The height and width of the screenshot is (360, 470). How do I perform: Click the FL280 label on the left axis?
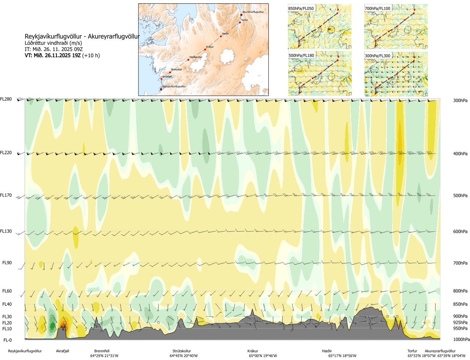(6, 99)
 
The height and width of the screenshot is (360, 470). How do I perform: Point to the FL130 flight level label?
(6, 231)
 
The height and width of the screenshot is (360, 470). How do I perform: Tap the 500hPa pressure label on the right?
(460, 196)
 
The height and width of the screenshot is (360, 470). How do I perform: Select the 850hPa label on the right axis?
(460, 304)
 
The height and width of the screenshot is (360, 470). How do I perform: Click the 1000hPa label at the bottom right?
(461, 339)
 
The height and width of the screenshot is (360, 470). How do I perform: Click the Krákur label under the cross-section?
(253, 351)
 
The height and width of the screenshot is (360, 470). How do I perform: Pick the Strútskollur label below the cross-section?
(182, 351)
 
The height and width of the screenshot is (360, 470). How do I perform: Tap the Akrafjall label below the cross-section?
(62, 351)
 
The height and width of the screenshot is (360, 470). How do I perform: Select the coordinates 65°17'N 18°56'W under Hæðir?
(342, 356)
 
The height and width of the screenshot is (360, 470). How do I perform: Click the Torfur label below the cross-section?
(412, 351)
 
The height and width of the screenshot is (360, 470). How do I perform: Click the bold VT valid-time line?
(62, 56)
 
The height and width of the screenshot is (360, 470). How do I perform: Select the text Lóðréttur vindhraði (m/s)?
(53, 43)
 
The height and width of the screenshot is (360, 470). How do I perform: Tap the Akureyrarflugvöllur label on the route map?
(253, 12)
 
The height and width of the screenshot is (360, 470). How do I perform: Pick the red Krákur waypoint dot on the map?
(205, 50)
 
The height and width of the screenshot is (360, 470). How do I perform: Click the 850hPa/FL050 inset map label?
(301, 8)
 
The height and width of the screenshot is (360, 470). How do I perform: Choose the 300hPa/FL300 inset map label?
(377, 56)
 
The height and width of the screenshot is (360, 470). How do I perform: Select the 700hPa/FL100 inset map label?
(377, 8)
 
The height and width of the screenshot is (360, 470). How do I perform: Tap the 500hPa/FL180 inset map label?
(301, 56)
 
